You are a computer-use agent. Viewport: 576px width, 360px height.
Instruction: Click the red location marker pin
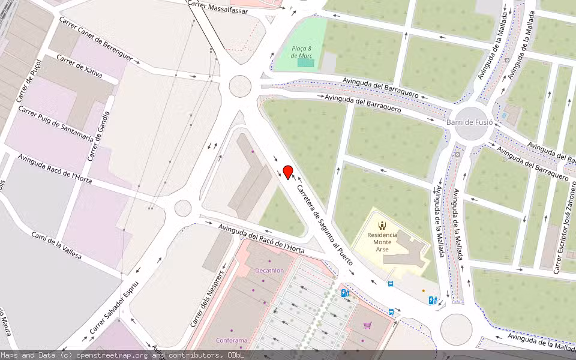pos(287,172)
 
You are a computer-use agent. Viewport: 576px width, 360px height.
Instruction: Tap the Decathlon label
pos(269,271)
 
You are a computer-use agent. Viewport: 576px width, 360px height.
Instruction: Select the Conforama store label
pos(232,340)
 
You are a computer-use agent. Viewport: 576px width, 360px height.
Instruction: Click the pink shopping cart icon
pos(367,325)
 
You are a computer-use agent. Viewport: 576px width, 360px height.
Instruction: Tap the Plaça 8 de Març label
pos(302,52)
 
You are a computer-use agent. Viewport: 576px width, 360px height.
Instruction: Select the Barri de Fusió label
pos(470,122)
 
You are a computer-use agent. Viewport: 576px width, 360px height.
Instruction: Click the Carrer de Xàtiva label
pos(79,67)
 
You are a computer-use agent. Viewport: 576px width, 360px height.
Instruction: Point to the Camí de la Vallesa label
pos(56,245)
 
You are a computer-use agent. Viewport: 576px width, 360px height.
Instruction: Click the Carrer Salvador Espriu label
pos(114,308)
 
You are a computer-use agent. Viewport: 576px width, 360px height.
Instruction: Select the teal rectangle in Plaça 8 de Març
pos(305,62)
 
